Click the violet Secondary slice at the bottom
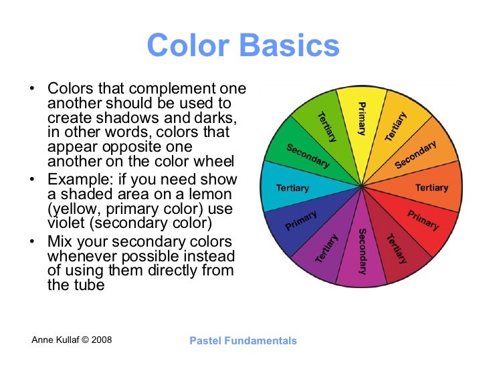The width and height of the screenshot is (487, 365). pos(362,251)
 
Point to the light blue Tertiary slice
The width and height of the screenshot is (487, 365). pos(292,188)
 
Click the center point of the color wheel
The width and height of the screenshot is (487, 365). pos(362,187)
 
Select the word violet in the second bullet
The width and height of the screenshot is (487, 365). pos(65,223)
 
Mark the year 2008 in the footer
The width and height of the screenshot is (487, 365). pos(100,340)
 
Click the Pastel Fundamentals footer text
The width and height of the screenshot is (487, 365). pos(243,341)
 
